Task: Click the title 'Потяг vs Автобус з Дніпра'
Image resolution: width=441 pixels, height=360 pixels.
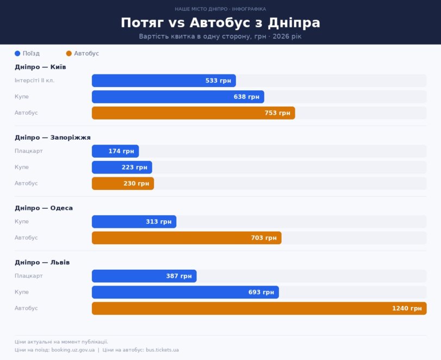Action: (x=220, y=23)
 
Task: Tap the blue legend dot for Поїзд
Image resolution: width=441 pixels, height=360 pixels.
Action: (x=17, y=53)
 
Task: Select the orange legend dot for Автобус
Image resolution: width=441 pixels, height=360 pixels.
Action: (x=69, y=53)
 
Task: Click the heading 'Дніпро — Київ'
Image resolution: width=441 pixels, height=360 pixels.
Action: (x=40, y=67)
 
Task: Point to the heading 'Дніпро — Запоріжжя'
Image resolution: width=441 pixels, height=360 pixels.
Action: (x=52, y=138)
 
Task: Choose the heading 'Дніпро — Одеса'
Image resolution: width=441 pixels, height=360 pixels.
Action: (x=44, y=208)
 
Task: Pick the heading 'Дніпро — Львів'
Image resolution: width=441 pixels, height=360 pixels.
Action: (x=42, y=263)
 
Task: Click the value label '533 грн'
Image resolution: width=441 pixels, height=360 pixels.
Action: (x=218, y=80)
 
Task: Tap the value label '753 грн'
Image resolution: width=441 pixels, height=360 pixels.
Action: (x=277, y=113)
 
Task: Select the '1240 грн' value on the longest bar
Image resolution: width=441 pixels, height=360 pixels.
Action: (x=407, y=308)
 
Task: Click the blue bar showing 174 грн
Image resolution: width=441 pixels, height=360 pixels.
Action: (x=115, y=151)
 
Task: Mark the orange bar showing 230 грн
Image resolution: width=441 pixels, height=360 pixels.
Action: (x=123, y=184)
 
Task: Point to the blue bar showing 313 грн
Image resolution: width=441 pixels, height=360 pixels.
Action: (x=134, y=222)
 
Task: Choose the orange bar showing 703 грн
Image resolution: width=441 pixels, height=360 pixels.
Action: (x=187, y=238)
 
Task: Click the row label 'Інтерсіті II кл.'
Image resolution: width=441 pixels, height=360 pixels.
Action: (x=34, y=80)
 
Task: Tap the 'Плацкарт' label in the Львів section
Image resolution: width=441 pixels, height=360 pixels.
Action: (x=28, y=276)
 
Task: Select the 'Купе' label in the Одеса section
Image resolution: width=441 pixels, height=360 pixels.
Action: (x=22, y=222)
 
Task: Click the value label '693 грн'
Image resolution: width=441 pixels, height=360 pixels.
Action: (x=261, y=292)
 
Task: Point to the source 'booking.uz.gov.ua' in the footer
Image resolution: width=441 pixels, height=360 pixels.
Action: (x=73, y=350)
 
